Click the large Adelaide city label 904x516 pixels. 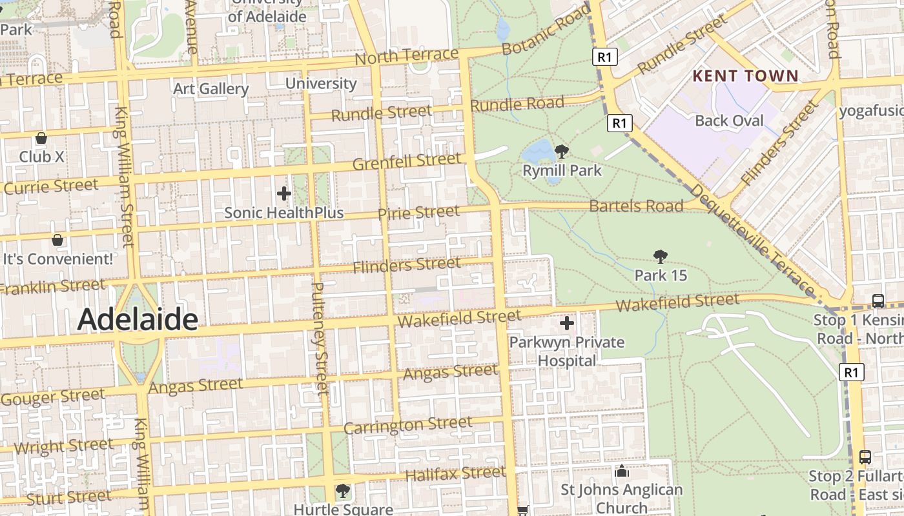138,319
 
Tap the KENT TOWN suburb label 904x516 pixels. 745,76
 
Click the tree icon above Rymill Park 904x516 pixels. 562,152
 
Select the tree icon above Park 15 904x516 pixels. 660,257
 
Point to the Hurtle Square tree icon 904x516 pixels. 343,491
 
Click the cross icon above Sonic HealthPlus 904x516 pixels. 283,193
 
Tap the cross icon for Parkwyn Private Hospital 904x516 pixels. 567,323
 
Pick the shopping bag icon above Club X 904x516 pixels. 41,138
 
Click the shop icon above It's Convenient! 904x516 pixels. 57,240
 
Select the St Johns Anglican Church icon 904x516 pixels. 622,471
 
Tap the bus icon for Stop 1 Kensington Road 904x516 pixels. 878,301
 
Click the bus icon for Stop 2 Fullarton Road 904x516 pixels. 865,457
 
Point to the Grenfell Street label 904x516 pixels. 407,161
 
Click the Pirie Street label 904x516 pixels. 418,212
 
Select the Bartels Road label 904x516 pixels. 636,206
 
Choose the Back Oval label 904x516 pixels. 729,121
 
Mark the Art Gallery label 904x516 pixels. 211,88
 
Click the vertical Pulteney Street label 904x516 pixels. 320,339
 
